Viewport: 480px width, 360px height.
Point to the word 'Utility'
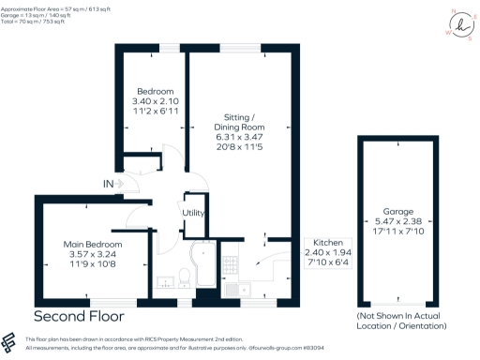(x=194, y=213)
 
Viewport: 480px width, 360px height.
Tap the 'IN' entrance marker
(x=110, y=182)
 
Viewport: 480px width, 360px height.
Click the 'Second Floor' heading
(x=78, y=316)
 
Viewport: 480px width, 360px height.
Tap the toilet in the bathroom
(x=185, y=276)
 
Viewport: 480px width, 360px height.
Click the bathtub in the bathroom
(x=202, y=267)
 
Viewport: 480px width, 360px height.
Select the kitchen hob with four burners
(x=231, y=260)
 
